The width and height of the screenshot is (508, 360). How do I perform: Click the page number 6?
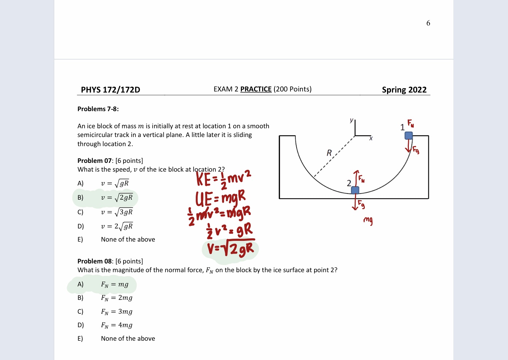point(428,23)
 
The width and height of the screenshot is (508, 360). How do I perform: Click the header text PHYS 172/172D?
point(110,90)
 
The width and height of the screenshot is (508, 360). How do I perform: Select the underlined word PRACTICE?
point(256,89)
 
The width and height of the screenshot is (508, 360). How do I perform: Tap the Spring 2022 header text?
point(404,90)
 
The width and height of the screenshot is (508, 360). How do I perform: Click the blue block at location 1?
point(409,136)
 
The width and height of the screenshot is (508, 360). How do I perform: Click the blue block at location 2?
point(355,190)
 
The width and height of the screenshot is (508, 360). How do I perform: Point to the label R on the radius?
point(329,153)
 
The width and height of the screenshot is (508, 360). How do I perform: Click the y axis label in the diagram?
point(351,120)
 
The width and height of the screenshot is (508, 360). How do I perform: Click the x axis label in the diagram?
point(371,138)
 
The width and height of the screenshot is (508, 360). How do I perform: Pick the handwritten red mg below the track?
point(368,220)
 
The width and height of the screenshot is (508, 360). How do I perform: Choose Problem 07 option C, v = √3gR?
point(117,212)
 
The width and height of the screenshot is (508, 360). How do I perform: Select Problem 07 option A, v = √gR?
point(115,183)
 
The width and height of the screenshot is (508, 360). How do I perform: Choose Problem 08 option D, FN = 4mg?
point(117,325)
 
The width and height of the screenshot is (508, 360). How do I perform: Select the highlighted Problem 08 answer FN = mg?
point(114,285)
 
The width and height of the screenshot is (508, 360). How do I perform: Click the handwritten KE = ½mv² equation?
point(223,179)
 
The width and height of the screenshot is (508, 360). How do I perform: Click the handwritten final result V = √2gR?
point(230,249)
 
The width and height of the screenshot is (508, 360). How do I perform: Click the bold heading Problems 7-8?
point(98,109)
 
